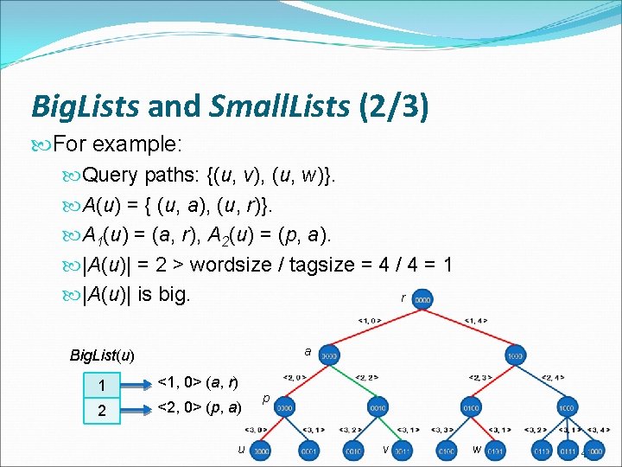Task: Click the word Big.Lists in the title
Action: click(x=86, y=106)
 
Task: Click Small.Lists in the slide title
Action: click(x=280, y=106)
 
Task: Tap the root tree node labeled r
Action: click(x=423, y=300)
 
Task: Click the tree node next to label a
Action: click(x=329, y=355)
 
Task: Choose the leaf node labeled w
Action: click(x=494, y=451)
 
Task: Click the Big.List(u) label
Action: click(x=102, y=355)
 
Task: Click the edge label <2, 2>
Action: click(x=366, y=377)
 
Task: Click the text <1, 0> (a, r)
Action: click(x=200, y=381)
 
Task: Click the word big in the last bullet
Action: click(x=173, y=293)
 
